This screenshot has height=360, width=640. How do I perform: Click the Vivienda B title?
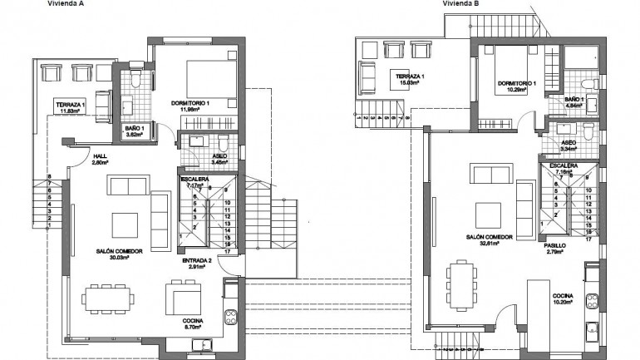(x=460, y=3)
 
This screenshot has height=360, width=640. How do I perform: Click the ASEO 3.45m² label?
(x=219, y=159)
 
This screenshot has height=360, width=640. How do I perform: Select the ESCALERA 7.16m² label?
(x=564, y=172)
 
